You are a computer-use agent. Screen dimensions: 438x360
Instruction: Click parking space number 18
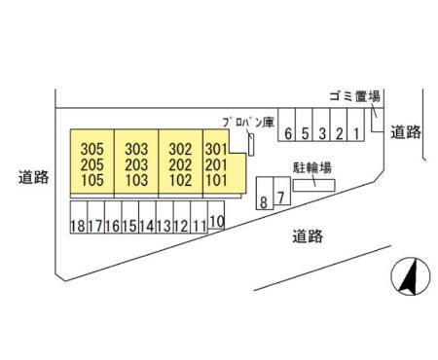(x=79, y=217)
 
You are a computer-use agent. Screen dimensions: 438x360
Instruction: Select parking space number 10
(x=216, y=215)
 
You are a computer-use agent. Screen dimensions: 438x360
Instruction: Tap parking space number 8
(x=265, y=194)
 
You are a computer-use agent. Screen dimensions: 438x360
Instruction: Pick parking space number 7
(x=281, y=191)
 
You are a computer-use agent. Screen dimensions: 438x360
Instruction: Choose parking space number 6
(x=287, y=125)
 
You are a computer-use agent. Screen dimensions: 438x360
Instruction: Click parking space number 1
(x=356, y=125)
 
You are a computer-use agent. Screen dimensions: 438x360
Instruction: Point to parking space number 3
(x=321, y=125)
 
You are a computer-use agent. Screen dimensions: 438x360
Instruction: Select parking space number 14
(x=147, y=217)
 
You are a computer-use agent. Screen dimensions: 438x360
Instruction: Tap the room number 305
(x=92, y=149)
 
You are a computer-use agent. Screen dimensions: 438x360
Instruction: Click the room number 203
(x=136, y=164)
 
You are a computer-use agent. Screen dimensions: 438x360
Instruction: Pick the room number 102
(x=180, y=180)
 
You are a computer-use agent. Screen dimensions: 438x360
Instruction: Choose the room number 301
(x=216, y=149)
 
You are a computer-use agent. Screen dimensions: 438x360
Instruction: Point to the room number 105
(x=92, y=180)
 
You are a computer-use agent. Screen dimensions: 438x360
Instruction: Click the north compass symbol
(x=411, y=276)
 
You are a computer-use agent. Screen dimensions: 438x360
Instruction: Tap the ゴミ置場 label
(x=354, y=96)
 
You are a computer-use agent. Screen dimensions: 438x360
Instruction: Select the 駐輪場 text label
(x=312, y=167)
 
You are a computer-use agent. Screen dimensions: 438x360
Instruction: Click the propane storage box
(x=251, y=145)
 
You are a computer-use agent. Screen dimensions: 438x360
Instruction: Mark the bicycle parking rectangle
(x=314, y=185)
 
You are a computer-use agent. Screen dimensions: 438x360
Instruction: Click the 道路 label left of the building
(x=33, y=177)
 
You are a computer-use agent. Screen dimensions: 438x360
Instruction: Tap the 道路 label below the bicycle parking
(x=308, y=236)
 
